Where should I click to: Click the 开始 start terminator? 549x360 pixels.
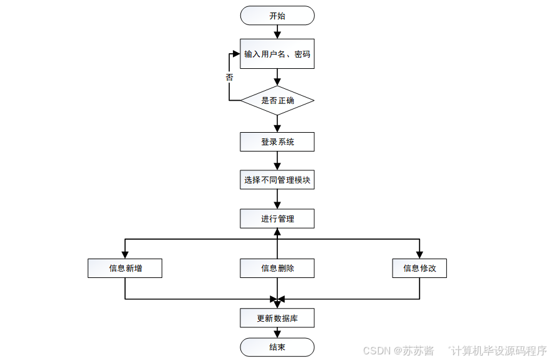(x=277, y=16)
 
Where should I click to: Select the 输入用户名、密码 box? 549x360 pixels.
(x=277, y=54)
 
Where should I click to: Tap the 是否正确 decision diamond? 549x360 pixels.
(x=277, y=100)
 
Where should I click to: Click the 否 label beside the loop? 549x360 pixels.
(x=229, y=77)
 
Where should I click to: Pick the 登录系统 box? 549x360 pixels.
(x=277, y=142)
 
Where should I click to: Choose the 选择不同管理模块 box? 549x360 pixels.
(x=277, y=181)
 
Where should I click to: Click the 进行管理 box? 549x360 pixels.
(x=277, y=219)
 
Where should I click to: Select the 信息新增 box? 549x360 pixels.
(x=125, y=268)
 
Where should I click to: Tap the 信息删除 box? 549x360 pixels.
(x=277, y=268)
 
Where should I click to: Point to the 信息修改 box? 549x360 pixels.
(x=419, y=268)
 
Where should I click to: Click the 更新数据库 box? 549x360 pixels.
(x=277, y=318)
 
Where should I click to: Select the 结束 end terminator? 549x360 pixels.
(x=277, y=347)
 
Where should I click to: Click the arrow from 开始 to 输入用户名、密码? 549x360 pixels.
(x=277, y=32)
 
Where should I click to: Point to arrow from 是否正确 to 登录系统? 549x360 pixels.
(x=277, y=124)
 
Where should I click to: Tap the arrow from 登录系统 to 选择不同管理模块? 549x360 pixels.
(x=277, y=161)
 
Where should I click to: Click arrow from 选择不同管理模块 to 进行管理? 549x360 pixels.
(x=277, y=200)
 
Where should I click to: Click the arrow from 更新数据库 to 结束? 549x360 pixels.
(x=277, y=333)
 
